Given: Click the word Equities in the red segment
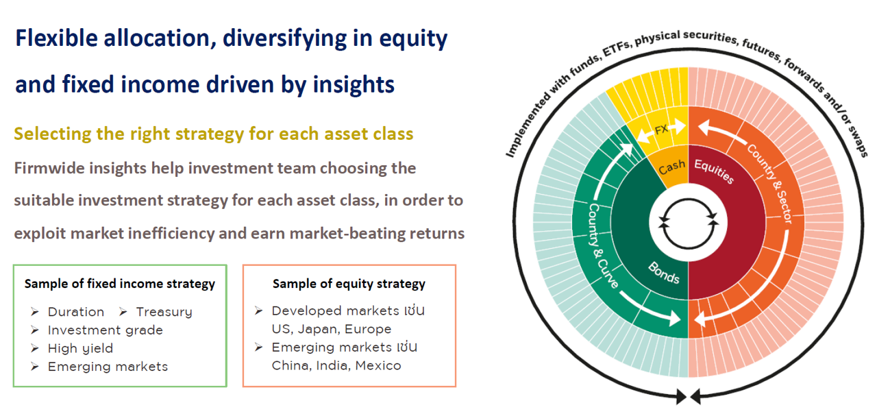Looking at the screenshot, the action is (714, 171).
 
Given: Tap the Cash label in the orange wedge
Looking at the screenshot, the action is (672, 167).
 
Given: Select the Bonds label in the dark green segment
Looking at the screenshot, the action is (664, 272).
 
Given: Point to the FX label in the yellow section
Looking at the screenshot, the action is (661, 130).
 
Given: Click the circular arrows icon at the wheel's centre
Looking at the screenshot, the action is (688, 223).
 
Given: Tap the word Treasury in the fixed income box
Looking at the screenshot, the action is (164, 312).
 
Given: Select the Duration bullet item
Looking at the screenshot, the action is (76, 312).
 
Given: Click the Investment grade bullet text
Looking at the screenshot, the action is (105, 330).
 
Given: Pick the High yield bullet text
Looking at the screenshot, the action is (80, 349).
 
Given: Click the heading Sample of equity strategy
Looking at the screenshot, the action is (349, 284).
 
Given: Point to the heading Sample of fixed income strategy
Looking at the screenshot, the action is (119, 284).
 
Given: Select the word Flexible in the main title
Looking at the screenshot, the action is (56, 38).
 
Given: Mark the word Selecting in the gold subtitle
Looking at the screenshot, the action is (53, 134).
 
